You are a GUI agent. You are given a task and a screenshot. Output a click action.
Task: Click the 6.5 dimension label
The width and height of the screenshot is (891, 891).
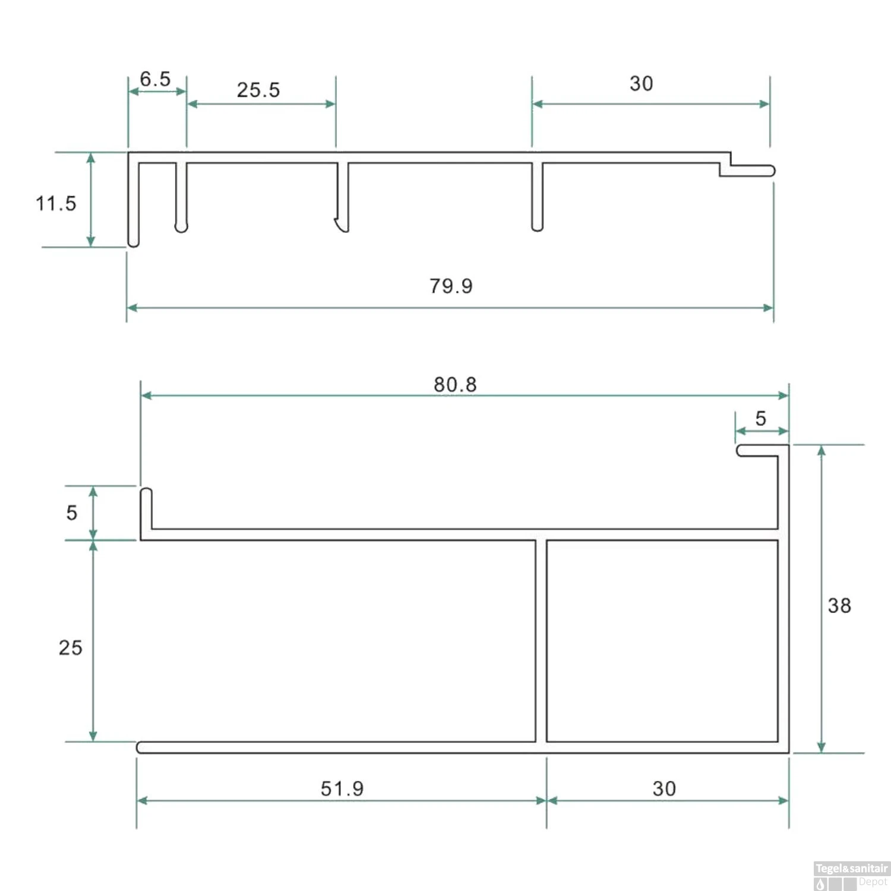(x=155, y=79)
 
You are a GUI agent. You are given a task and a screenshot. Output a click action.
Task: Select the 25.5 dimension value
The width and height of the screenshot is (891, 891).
(x=258, y=90)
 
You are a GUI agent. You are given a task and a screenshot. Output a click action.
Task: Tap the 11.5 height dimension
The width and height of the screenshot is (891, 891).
(x=56, y=204)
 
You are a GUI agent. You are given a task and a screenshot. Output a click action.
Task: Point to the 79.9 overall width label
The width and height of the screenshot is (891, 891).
(x=451, y=286)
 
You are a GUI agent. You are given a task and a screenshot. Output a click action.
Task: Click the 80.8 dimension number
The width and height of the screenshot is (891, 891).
(x=455, y=385)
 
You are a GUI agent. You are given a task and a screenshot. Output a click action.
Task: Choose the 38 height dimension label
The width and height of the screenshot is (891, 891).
(x=839, y=606)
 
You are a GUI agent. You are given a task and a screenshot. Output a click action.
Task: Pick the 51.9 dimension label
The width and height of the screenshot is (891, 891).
(x=342, y=789)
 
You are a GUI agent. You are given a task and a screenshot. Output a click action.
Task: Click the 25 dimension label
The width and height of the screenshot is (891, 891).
(x=70, y=648)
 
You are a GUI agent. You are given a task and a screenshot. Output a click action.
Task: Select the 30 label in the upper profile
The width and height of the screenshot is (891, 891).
(x=641, y=84)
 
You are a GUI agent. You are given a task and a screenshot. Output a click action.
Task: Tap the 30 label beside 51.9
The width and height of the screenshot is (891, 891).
(x=664, y=789)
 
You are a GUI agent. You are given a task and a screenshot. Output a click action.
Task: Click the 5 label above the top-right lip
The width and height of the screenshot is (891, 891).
(x=760, y=419)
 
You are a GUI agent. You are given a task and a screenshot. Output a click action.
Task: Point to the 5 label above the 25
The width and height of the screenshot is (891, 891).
(x=72, y=513)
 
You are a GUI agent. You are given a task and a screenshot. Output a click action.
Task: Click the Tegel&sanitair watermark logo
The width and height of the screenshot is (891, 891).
(x=851, y=876)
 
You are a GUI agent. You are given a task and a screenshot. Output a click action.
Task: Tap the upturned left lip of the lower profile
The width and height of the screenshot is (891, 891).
(x=146, y=508)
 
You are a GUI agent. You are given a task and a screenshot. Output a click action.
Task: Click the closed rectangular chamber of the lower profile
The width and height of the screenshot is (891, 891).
(x=662, y=640)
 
